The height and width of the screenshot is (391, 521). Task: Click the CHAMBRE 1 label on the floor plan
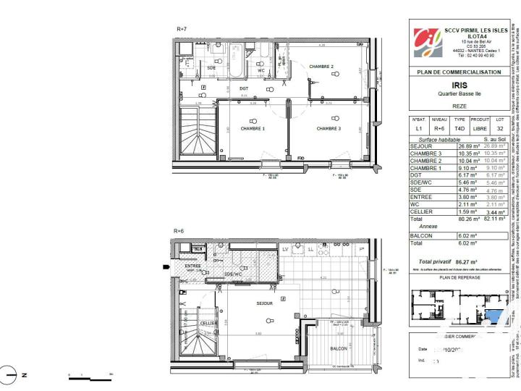253,128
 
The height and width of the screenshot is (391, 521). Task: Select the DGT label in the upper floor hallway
244,88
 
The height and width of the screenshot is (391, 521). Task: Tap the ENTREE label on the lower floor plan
192,266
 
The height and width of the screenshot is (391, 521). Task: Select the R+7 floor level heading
182,29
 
